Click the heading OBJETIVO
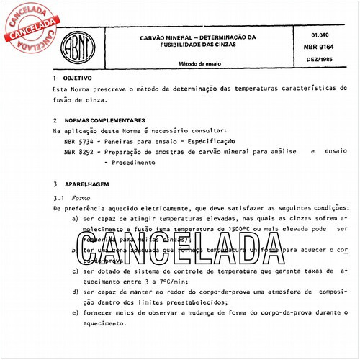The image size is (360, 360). (x=78, y=78)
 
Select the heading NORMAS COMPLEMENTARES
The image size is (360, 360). (x=104, y=120)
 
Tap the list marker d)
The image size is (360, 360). (x=76, y=292)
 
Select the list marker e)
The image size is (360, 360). (x=76, y=313)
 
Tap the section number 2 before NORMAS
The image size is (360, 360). (x=55, y=120)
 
